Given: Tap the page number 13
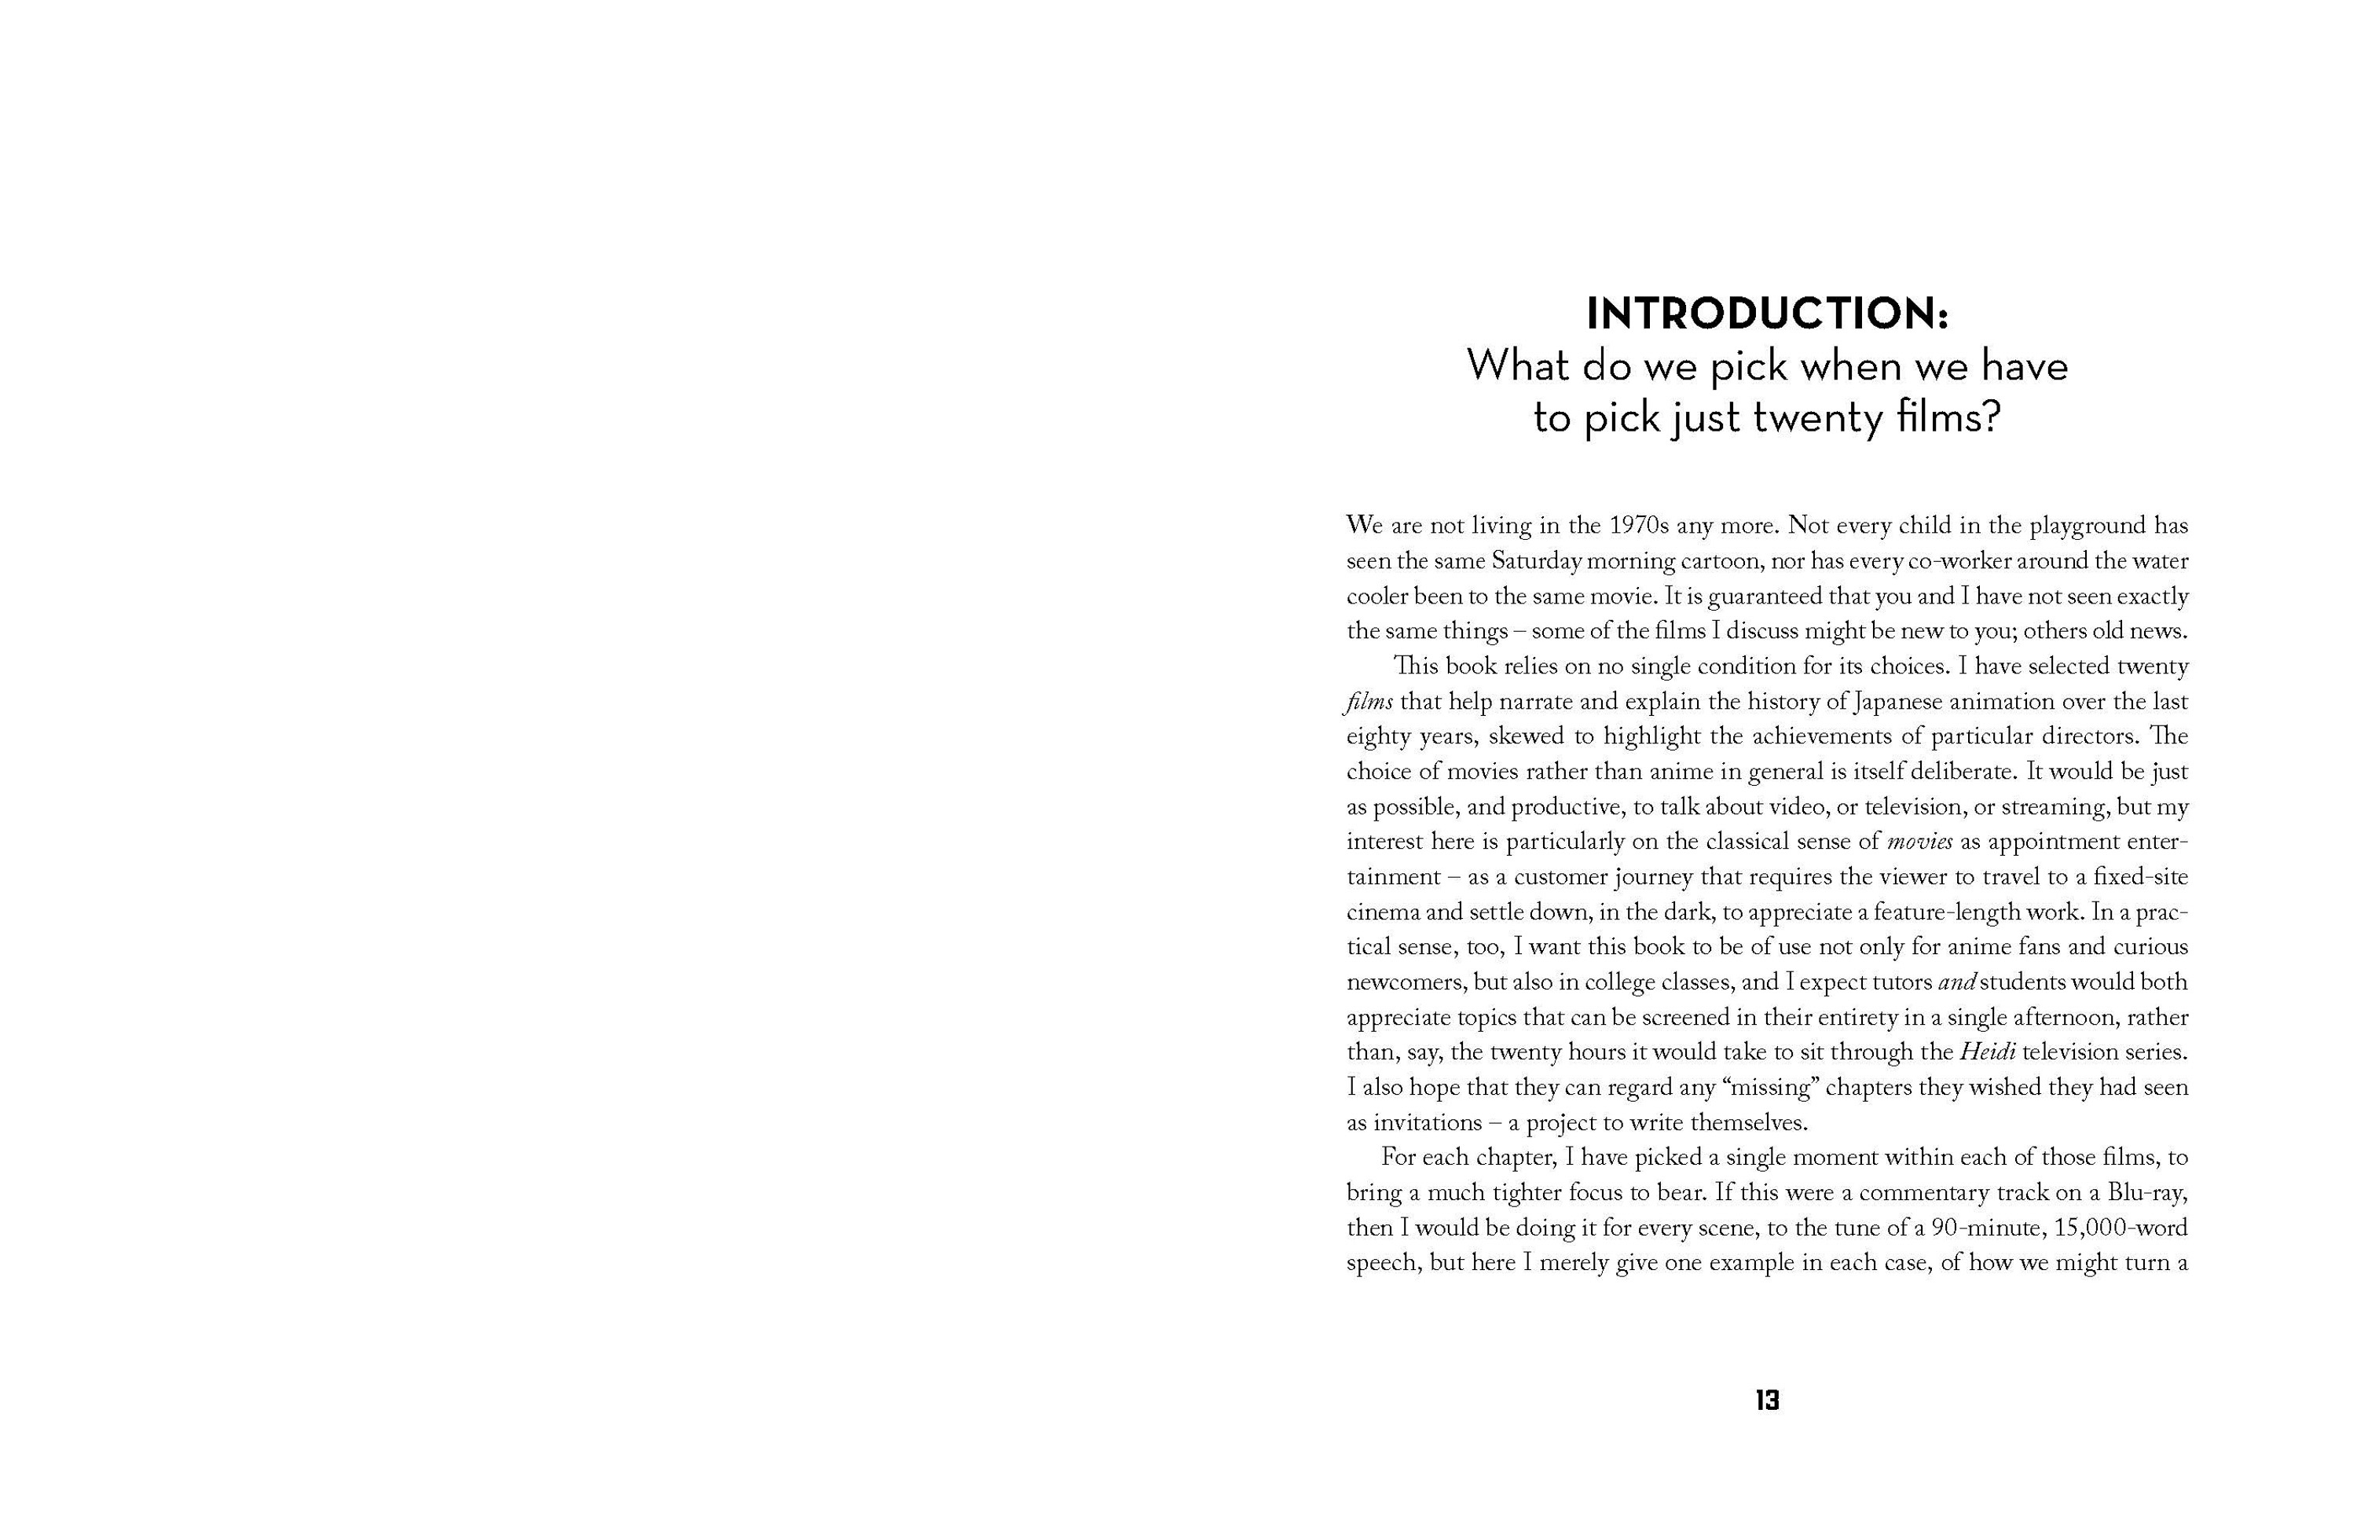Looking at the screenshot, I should click(x=1766, y=1400).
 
